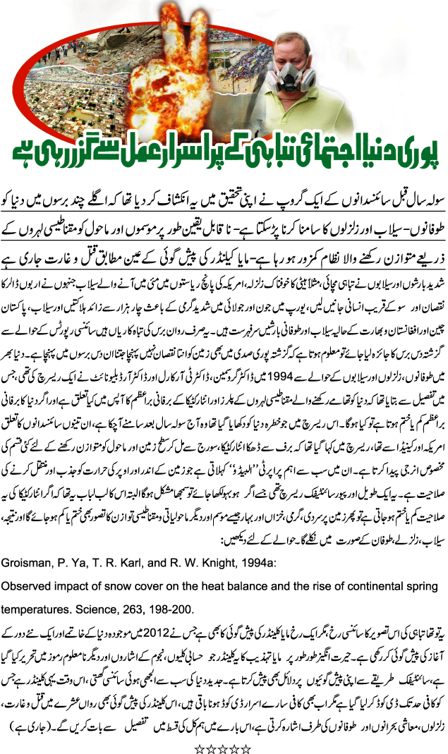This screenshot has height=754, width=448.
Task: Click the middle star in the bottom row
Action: click(x=223, y=742)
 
